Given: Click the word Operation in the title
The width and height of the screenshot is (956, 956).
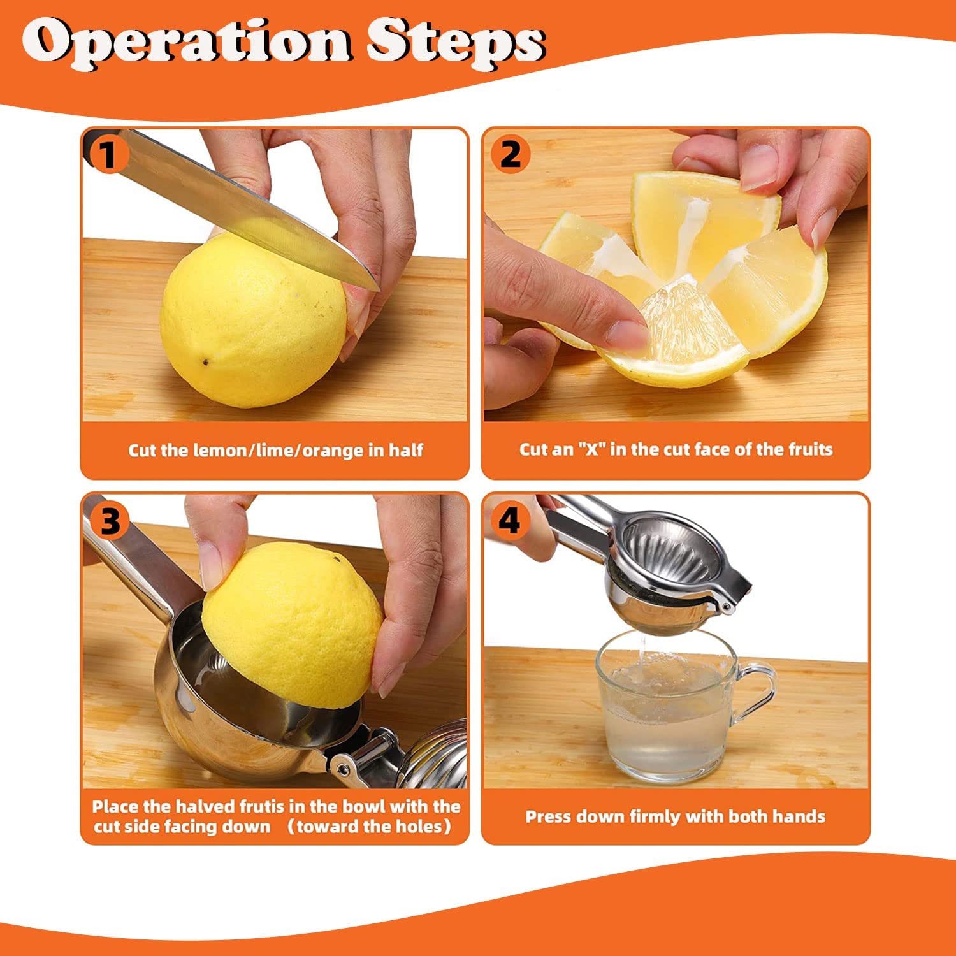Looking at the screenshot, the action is pos(186,41).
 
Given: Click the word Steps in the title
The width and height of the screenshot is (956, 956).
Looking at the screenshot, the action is pos(456,41).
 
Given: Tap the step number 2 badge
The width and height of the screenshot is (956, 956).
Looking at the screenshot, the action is pos(510,155).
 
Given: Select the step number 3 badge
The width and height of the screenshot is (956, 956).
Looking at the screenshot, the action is pos(110,521).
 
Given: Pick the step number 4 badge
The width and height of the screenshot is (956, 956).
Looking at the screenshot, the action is pos(509,521).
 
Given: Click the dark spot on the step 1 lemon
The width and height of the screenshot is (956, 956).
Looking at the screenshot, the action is pos(207,362).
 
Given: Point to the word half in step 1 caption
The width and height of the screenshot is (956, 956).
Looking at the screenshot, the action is pos(406,450).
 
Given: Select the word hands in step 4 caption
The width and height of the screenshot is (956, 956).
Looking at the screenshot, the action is pos(801,816).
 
